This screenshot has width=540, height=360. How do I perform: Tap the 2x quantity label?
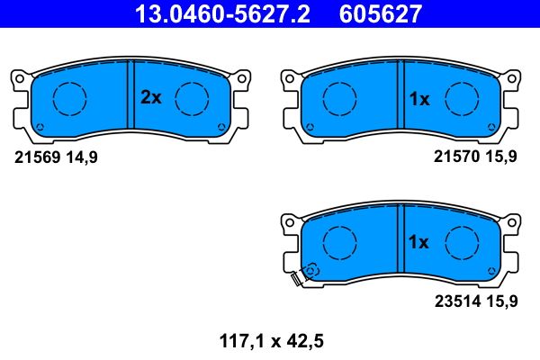click(150, 98)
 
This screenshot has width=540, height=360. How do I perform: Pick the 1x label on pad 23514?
click(419, 242)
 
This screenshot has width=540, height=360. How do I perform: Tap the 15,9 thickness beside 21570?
click(502, 157)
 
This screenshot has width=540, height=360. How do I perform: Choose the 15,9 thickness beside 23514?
click(502, 301)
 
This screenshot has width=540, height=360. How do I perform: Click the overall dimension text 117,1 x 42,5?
click(269, 341)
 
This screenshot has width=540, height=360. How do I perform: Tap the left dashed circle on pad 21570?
click(337, 98)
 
